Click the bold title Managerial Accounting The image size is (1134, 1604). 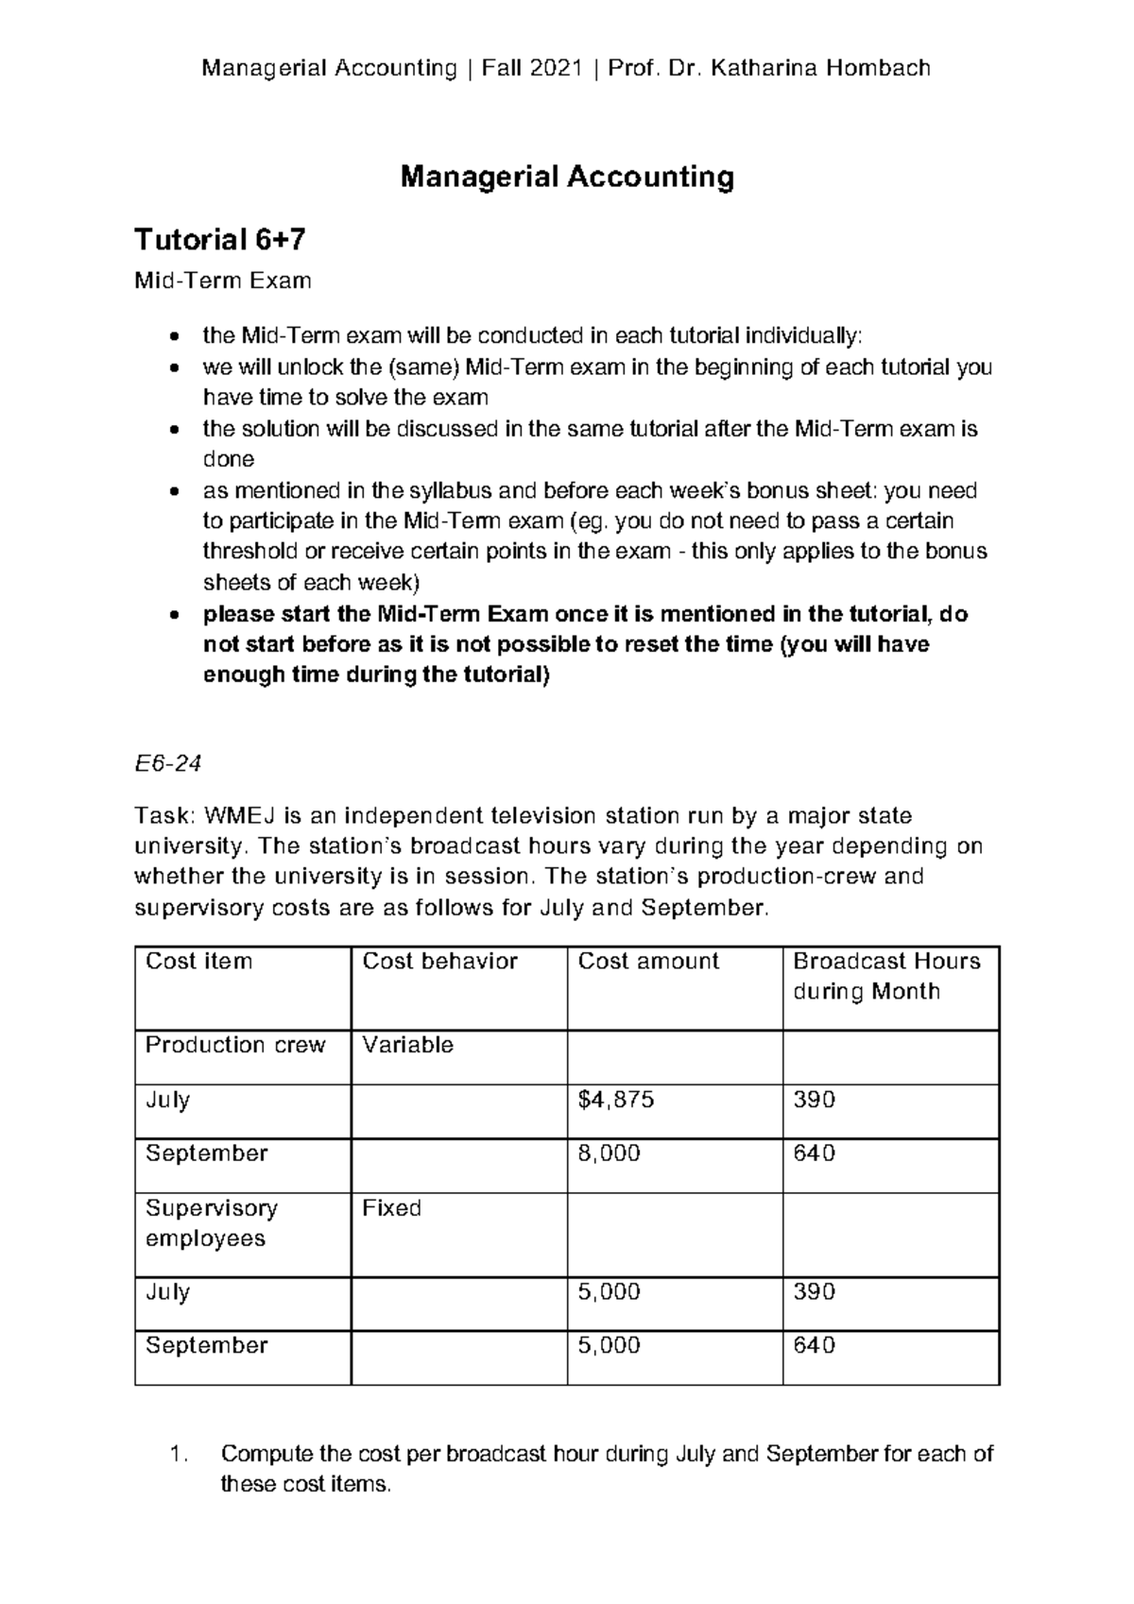click(567, 177)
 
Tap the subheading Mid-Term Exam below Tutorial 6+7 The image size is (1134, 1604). click(223, 281)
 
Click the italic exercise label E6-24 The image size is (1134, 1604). click(168, 763)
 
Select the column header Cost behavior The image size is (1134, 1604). click(439, 962)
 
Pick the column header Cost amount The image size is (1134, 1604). click(648, 962)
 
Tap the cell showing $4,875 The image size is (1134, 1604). click(616, 1100)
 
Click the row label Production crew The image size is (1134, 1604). click(235, 1045)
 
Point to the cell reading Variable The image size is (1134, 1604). click(408, 1045)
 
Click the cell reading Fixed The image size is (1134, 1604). click(392, 1208)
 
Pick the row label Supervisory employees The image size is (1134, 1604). click(212, 1223)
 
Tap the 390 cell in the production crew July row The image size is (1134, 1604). click(814, 1100)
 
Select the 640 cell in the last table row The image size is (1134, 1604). click(814, 1345)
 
